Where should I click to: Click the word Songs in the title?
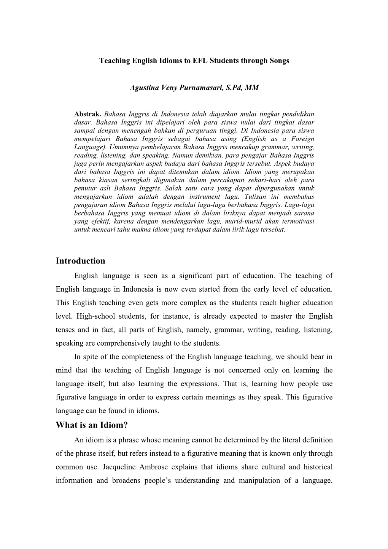point(280,61)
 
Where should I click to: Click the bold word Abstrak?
point(87,114)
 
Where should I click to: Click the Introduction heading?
point(80,261)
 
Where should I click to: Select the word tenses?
point(66,330)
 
